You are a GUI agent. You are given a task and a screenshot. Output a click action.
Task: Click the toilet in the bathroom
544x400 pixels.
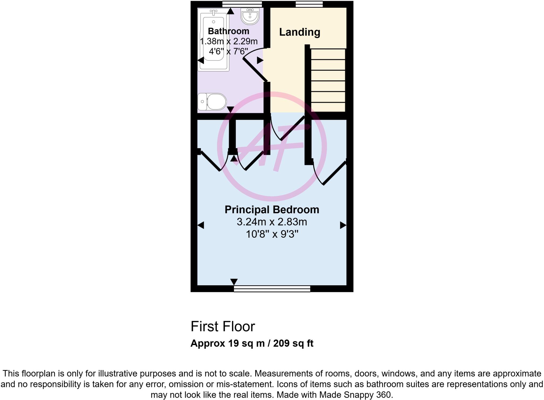click(x=212, y=101)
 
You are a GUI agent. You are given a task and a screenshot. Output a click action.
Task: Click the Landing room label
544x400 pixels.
click(x=299, y=32)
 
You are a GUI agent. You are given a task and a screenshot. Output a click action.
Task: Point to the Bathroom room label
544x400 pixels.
click(x=228, y=31)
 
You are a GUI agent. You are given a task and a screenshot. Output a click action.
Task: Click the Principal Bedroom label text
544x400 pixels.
click(x=272, y=210)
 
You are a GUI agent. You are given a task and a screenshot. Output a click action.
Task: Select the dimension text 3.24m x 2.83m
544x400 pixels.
click(x=272, y=222)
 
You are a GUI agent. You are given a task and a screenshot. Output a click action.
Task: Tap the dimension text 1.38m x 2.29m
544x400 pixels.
click(x=229, y=41)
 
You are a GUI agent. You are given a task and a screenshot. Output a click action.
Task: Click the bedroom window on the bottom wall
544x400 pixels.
click(x=272, y=289)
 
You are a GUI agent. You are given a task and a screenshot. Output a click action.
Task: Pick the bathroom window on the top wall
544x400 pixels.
click(x=242, y=4)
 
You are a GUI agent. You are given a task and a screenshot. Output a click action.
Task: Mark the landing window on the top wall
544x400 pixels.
click(x=309, y=4)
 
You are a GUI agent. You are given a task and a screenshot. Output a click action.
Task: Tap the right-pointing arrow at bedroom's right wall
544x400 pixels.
click(x=343, y=225)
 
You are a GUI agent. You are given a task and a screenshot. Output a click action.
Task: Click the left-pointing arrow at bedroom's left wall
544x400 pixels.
click(x=201, y=225)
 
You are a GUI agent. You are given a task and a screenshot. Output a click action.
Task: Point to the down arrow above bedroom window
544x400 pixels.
click(x=234, y=282)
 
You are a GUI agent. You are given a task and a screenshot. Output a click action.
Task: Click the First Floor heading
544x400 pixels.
click(x=223, y=326)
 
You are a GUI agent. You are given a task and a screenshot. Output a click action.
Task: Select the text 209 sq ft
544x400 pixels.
click(x=293, y=343)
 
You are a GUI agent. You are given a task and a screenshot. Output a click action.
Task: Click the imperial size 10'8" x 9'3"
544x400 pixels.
click(x=272, y=234)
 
